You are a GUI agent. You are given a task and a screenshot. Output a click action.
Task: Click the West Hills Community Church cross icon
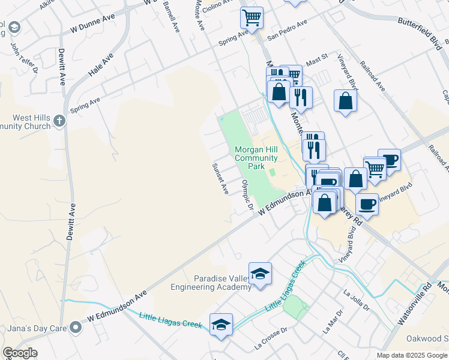(59, 121)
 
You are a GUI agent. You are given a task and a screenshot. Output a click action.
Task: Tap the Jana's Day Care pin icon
(75, 327)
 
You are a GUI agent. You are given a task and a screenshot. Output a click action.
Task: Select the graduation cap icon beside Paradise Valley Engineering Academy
(260, 274)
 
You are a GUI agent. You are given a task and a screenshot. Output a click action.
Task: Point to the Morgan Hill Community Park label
(257, 157)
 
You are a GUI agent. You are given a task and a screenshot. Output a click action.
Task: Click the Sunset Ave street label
(220, 178)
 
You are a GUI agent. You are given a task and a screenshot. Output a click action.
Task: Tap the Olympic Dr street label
(246, 195)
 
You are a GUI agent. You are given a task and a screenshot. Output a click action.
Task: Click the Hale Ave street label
(100, 67)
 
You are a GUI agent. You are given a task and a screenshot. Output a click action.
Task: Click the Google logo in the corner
(20, 353)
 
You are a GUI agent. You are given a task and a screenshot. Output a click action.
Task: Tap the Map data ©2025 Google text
(412, 355)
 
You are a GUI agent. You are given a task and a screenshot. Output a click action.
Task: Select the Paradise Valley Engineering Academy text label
(222, 283)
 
